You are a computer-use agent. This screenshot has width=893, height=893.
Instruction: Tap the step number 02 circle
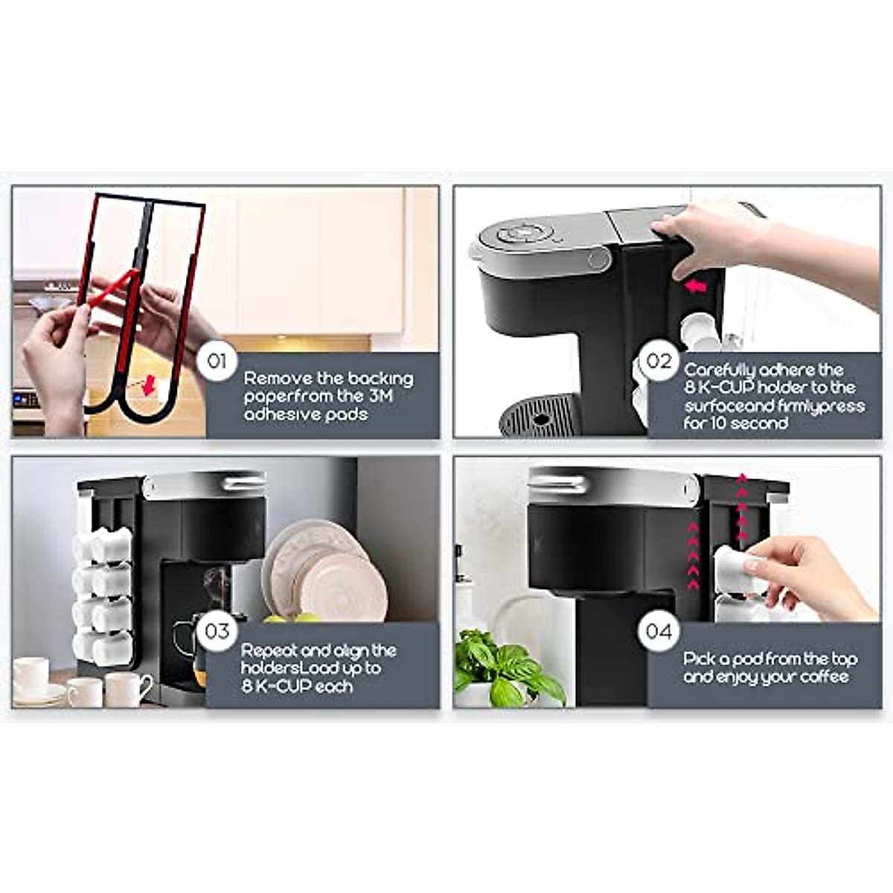pos(659,362)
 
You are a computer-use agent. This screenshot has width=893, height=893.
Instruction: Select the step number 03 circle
pos(217,632)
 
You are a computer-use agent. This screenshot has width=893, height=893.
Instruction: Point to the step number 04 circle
pos(659,632)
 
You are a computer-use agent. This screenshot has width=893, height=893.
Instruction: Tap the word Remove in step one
pos(278,378)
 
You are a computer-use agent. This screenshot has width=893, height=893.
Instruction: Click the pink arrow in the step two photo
pos(696,286)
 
